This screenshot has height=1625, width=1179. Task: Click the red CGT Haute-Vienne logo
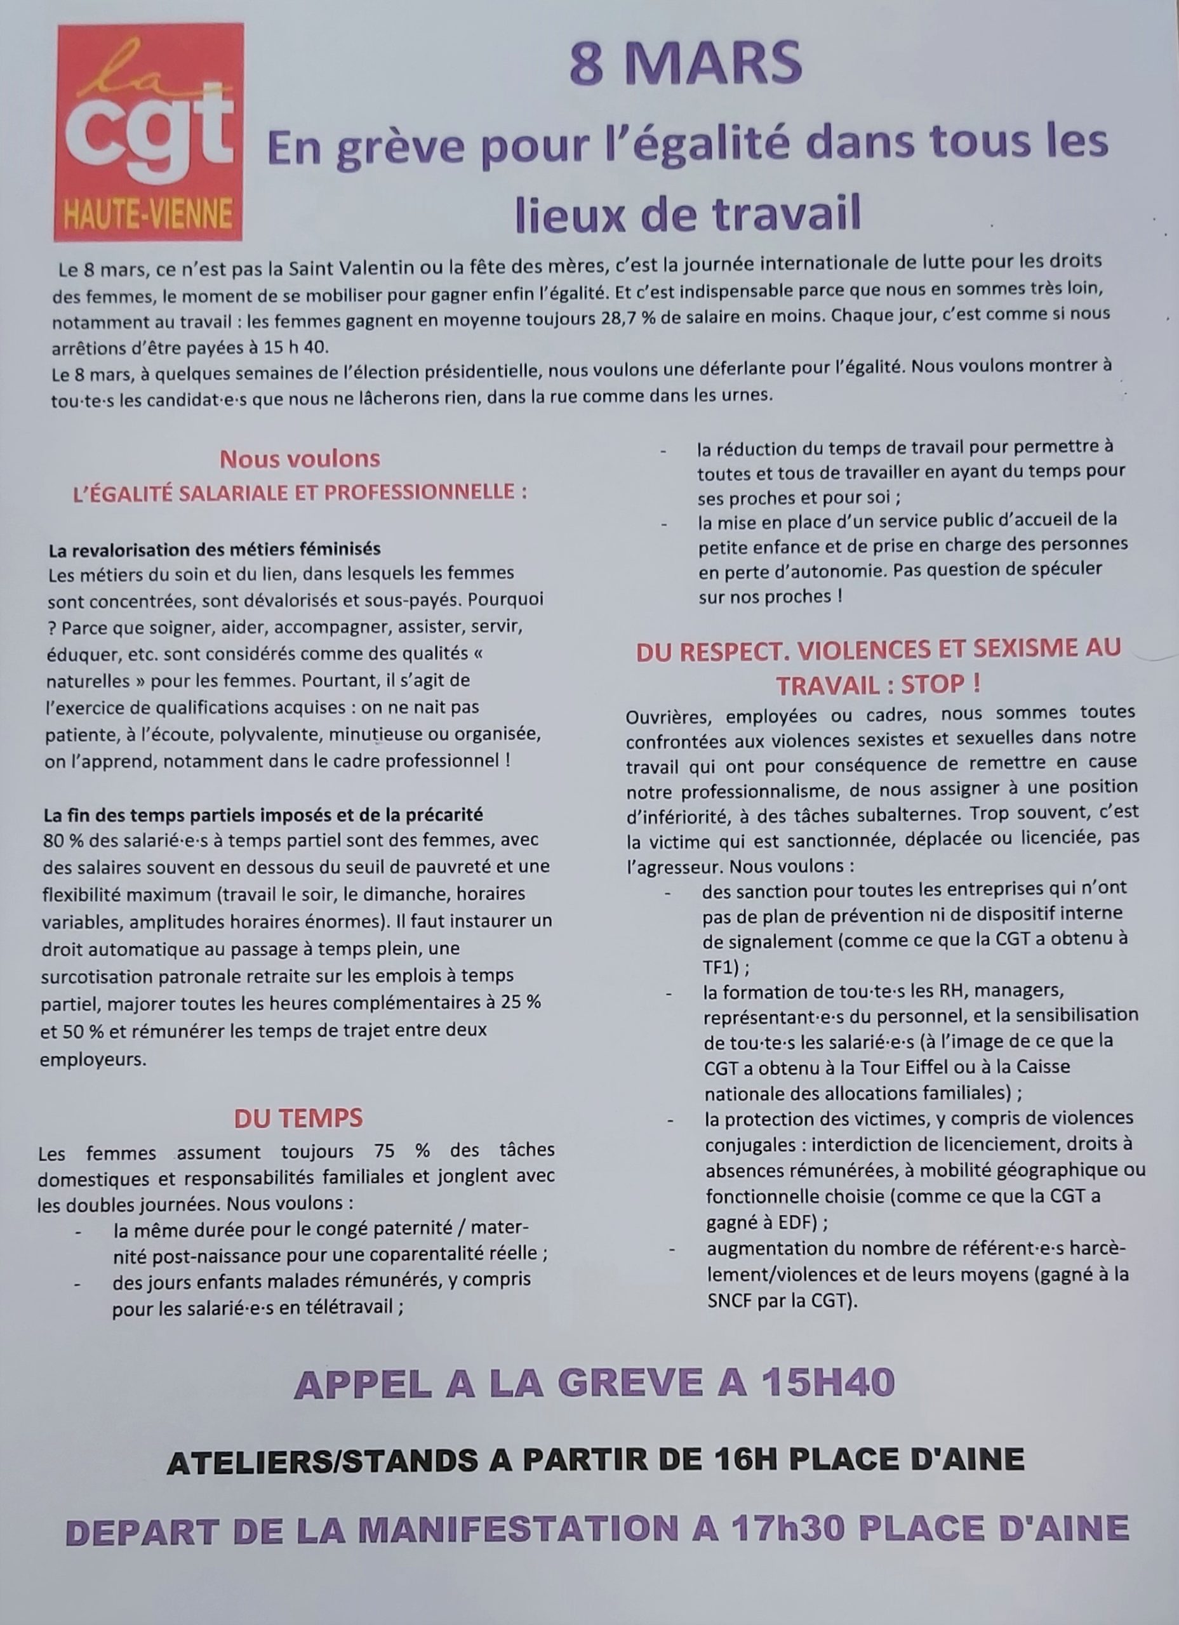pos(148,133)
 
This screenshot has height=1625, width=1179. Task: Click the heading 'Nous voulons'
pos(300,458)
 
